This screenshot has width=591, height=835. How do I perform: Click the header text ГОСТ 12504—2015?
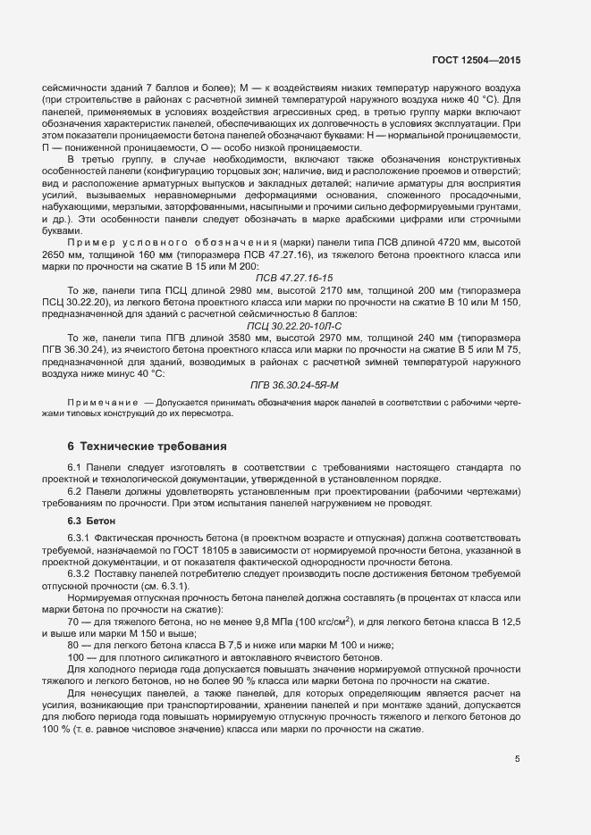click(473, 60)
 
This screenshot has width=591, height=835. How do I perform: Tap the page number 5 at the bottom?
click(518, 760)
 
